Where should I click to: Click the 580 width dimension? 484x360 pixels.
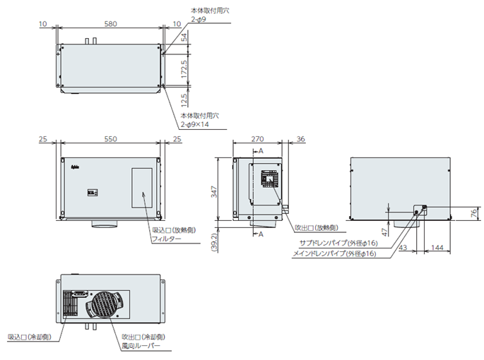tap(110, 23)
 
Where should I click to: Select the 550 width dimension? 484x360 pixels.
tap(110, 140)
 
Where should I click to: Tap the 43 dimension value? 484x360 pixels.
tap(403, 248)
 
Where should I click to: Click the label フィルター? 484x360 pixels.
tap(167, 240)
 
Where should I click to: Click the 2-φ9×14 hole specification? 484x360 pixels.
tap(195, 124)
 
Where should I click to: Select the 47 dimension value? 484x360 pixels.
tap(384, 232)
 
